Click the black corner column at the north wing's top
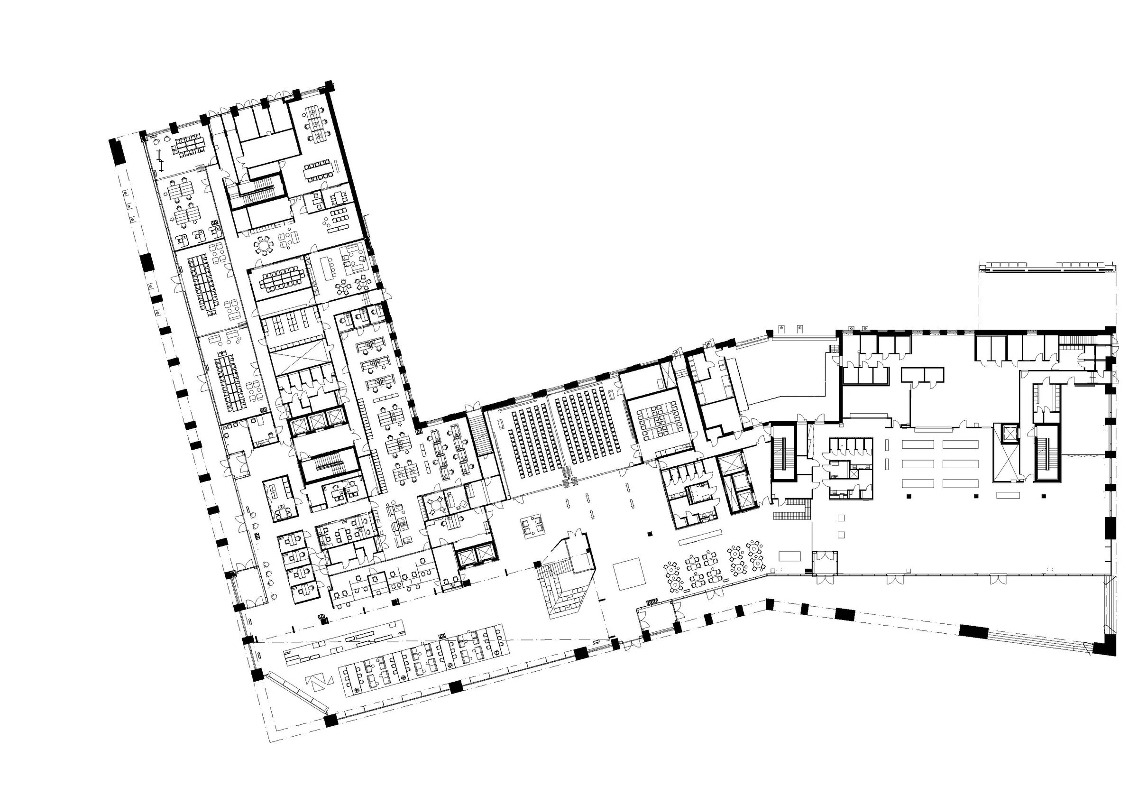pos(328,86)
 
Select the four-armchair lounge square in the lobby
pos(532,525)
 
